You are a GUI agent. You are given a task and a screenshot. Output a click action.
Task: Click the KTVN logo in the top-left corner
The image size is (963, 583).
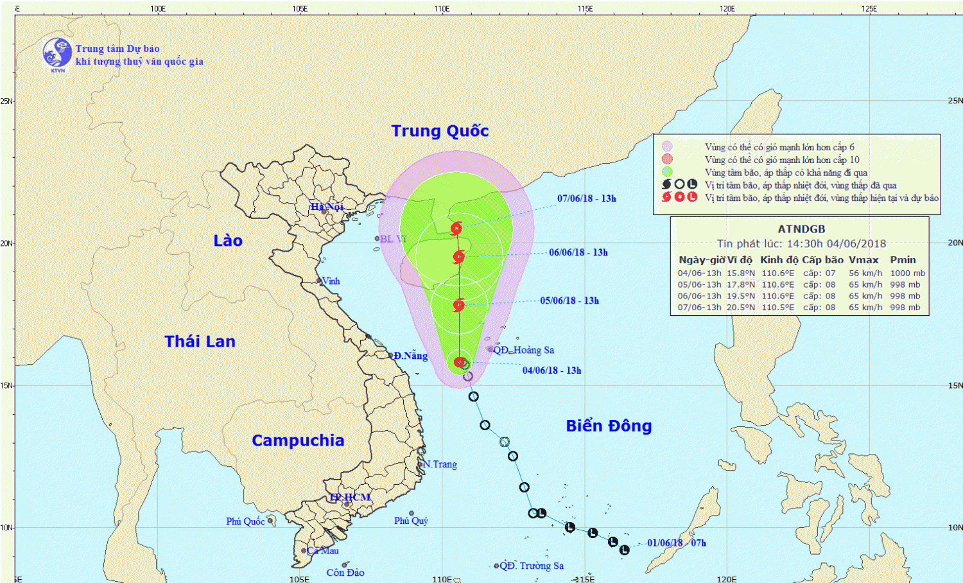pos(57,53)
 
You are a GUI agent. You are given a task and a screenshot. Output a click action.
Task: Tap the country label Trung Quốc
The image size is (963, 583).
pos(440,131)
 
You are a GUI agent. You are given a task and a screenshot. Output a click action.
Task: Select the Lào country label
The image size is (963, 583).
pos(228,241)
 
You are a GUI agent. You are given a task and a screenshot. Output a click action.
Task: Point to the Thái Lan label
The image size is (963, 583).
pos(200,342)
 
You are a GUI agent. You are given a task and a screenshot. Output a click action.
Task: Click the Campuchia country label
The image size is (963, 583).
pos(298,440)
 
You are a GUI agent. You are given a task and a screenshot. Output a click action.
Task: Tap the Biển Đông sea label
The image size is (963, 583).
pos(609,426)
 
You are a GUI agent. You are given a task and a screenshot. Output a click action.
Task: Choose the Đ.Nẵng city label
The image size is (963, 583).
pos(411,356)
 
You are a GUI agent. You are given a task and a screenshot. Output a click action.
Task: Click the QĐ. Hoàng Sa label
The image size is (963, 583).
pos(523,350)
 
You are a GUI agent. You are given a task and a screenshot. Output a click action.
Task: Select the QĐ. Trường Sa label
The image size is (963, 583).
pos(532,566)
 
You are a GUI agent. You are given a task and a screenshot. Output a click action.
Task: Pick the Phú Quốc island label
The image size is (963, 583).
pos(245,521)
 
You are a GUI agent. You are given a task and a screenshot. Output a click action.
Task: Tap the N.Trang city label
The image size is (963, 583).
pos(440,464)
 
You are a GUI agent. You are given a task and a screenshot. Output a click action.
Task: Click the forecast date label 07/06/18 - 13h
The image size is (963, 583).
pos(586,198)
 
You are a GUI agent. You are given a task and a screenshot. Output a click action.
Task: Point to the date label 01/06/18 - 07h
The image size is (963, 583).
pos(676,543)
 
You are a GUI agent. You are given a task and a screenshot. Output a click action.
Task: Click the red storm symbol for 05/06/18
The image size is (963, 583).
pos(458,306)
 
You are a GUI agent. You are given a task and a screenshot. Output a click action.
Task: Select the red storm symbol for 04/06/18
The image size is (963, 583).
pos(460,362)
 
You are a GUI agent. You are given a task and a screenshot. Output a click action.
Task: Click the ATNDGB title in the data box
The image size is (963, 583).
pos(801,229)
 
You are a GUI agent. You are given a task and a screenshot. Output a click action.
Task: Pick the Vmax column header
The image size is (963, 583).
pos(863,260)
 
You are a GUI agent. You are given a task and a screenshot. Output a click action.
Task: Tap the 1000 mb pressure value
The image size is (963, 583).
pos(907,273)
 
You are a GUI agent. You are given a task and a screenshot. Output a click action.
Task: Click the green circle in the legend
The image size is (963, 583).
pos(667,172)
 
